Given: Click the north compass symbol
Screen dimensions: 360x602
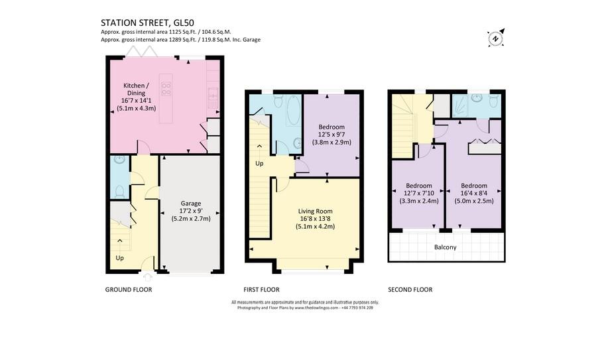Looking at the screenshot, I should (x=495, y=38).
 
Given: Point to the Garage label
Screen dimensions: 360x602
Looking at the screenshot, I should (x=191, y=204).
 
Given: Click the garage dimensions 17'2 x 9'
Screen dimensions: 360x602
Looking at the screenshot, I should (x=191, y=211).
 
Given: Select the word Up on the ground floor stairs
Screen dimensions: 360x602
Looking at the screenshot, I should (x=120, y=257).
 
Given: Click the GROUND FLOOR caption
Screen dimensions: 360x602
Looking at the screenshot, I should (x=129, y=290).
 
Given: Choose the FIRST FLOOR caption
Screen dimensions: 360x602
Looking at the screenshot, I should (x=261, y=290).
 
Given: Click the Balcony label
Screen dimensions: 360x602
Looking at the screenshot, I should (x=445, y=247).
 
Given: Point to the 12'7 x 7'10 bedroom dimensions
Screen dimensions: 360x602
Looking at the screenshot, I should (x=419, y=194).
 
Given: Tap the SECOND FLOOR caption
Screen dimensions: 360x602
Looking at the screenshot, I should (x=410, y=290).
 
